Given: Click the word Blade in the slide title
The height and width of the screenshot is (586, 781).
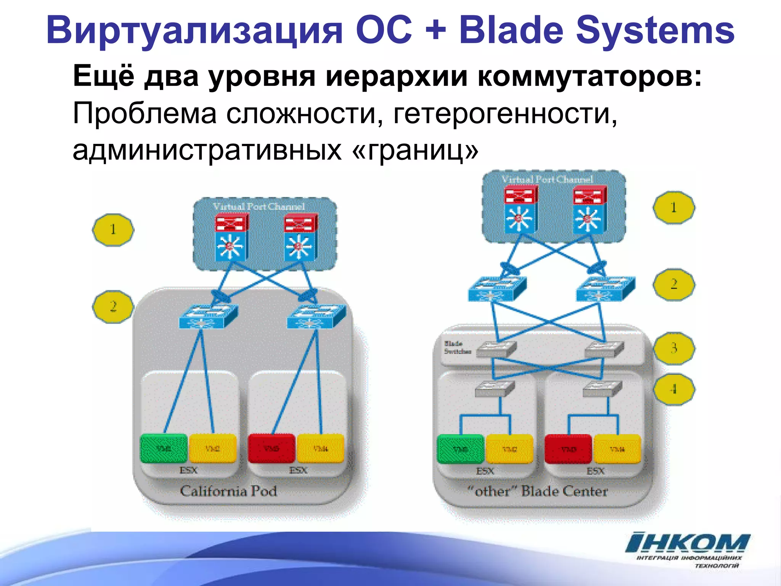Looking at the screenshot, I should pyautogui.click(x=511, y=31).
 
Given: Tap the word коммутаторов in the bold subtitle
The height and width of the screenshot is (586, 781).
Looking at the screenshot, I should pyautogui.click(x=589, y=76).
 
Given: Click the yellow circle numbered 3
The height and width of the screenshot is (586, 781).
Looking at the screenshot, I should pyautogui.click(x=674, y=348).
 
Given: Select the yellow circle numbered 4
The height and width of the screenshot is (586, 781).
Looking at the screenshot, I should pyautogui.click(x=674, y=389).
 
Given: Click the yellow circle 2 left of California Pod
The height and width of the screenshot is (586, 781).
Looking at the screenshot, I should pyautogui.click(x=113, y=307).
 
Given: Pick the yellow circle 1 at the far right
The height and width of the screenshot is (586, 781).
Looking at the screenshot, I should pyautogui.click(x=674, y=208).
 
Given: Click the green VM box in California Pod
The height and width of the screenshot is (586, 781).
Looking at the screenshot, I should pyautogui.click(x=164, y=448).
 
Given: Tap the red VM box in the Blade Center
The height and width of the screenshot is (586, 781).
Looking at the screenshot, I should pyautogui.click(x=568, y=449).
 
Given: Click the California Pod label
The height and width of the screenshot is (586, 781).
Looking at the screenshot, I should pyautogui.click(x=228, y=491).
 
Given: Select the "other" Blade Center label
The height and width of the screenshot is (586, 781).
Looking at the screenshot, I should pyautogui.click(x=538, y=491).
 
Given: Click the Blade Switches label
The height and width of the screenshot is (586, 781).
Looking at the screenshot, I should pyautogui.click(x=456, y=347).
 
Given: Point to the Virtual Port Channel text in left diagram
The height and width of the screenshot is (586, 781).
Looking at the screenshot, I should pyautogui.click(x=259, y=206).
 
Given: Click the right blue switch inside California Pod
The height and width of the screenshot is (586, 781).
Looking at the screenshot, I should pyautogui.click(x=316, y=316).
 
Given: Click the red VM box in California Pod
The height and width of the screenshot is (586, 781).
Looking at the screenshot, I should pyautogui.click(x=272, y=448).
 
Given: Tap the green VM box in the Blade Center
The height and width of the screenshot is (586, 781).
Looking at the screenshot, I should pyautogui.click(x=461, y=449).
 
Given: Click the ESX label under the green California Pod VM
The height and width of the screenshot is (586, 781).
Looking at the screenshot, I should pyautogui.click(x=188, y=470).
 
